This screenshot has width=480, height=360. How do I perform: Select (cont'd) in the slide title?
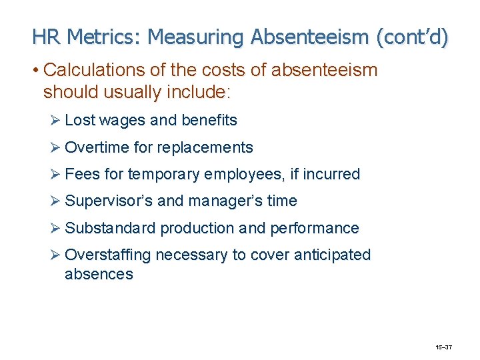point(412,37)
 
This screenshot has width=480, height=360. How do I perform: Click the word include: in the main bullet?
point(195,92)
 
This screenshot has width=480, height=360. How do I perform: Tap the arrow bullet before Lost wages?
point(55,121)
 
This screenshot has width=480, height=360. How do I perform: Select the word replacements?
point(209,147)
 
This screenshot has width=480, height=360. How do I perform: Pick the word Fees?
point(83,175)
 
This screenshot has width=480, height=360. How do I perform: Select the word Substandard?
point(110,228)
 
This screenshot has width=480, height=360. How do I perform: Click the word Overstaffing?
point(108,255)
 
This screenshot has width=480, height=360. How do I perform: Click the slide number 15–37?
point(444,347)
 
